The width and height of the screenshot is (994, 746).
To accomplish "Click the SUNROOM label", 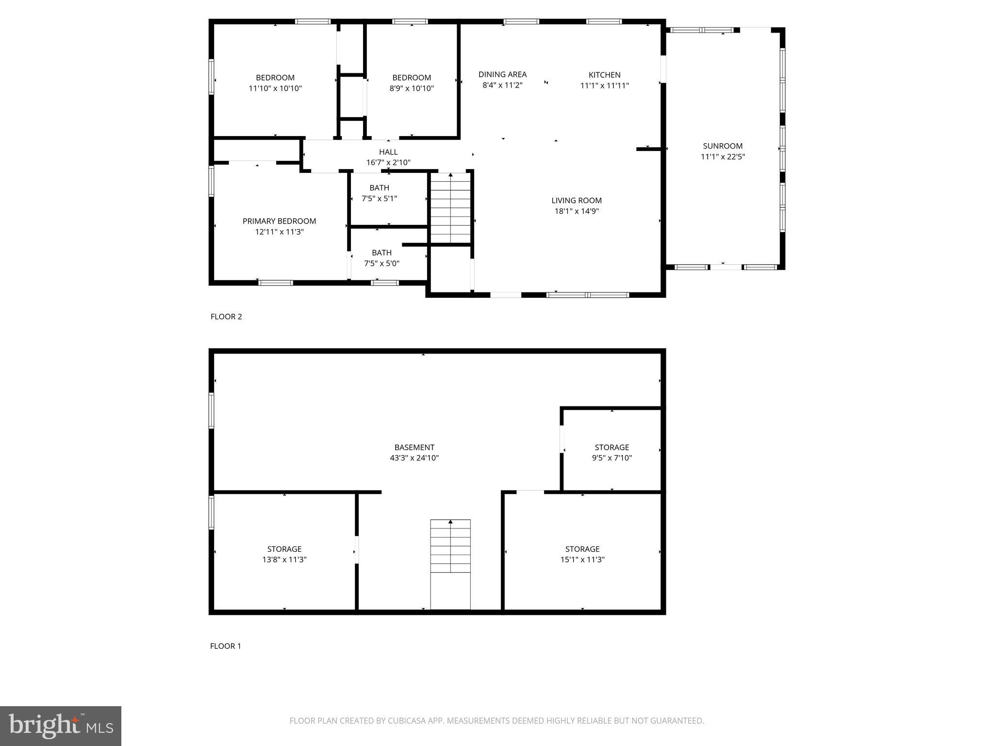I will tap(722, 146).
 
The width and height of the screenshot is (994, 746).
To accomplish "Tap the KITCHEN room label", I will tap(604, 75).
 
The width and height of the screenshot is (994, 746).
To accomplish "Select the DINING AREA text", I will tap(502, 74).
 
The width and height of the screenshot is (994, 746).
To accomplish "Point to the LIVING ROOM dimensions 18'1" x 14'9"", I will tap(577, 211).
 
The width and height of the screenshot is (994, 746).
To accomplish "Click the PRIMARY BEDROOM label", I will tap(279, 221).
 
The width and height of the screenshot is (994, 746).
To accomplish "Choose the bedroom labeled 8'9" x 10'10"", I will tap(412, 83).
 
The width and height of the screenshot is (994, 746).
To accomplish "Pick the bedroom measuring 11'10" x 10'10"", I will tap(275, 83).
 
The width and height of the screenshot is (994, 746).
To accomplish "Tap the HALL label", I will tap(388, 152).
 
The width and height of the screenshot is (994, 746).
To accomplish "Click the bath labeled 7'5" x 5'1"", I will tap(379, 193).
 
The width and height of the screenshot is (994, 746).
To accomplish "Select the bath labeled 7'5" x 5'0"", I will tap(381, 258).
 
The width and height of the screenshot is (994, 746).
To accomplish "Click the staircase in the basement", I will tap(450, 563).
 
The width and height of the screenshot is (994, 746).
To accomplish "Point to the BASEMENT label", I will tap(414, 447).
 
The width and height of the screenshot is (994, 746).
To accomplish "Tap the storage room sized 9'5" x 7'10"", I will tap(612, 452).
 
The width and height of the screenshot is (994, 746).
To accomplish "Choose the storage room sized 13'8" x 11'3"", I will tap(284, 554).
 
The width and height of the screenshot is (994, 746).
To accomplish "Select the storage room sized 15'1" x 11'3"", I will tap(582, 554).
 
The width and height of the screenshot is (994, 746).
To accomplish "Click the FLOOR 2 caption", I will tap(226, 317).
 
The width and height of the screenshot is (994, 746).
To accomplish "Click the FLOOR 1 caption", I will tap(225, 646).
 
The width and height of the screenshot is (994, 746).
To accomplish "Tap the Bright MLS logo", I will tap(61, 726).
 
